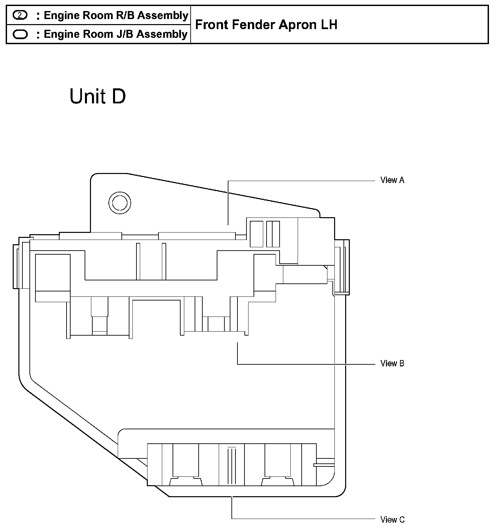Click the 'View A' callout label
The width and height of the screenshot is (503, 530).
point(392,180)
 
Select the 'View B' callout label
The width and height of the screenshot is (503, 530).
point(392,363)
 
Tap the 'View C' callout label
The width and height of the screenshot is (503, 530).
point(392,520)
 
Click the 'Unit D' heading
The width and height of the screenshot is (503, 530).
point(98,96)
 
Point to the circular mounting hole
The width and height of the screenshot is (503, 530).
point(120,202)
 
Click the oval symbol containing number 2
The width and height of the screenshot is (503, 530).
point(20,15)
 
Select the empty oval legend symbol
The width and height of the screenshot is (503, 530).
point(20,34)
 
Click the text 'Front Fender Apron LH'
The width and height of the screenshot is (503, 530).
point(266,25)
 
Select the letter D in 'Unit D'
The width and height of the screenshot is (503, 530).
point(119,96)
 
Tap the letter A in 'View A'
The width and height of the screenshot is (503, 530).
point(401,180)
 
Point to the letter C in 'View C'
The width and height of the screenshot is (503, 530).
point(401,520)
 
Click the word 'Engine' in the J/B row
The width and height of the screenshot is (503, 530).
point(62,34)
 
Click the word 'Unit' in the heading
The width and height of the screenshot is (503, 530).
point(88,96)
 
